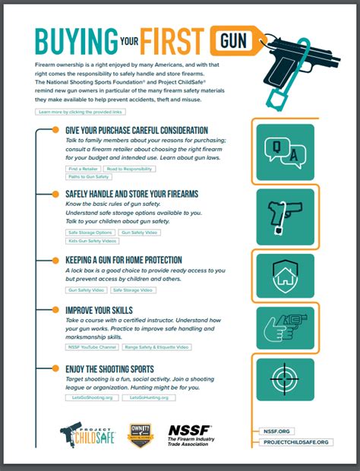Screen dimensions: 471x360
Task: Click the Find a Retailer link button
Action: click(x=83, y=168)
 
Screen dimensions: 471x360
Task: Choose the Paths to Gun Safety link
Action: click(x=89, y=176)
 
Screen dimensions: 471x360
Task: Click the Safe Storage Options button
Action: click(x=89, y=232)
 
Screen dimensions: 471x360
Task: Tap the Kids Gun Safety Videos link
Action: click(x=92, y=240)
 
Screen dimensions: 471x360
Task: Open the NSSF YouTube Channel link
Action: click(x=92, y=346)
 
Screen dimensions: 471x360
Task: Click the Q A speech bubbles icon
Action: click(x=285, y=151)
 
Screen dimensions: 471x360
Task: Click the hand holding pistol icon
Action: click(x=285, y=327)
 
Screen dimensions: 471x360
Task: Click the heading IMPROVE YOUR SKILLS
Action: click(x=93, y=310)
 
